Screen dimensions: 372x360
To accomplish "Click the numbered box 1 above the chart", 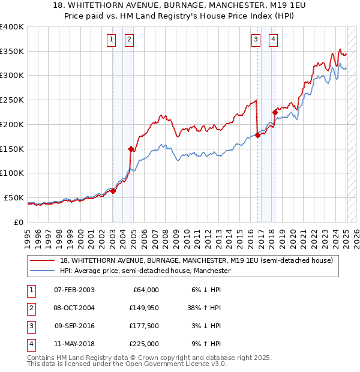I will pyautogui.click(x=112, y=40).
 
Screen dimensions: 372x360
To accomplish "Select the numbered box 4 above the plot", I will pyautogui.click(x=273, y=40).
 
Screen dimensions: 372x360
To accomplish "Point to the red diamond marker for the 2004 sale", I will pyautogui.click(x=130, y=148).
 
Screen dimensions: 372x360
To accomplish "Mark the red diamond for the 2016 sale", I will pyautogui.click(x=257, y=135).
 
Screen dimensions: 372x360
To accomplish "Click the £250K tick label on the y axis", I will pyautogui.click(x=11, y=100).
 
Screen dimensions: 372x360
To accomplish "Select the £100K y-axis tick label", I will pyautogui.click(x=11, y=173).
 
